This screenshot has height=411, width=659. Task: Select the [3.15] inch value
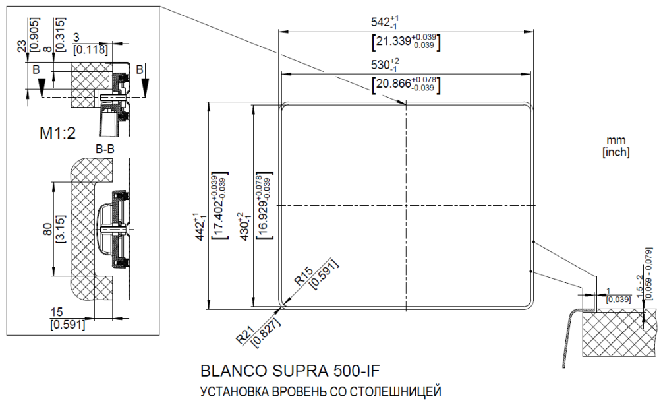(x=59, y=229)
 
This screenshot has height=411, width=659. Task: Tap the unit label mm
(x=616, y=140)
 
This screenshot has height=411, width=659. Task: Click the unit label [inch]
(x=616, y=152)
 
